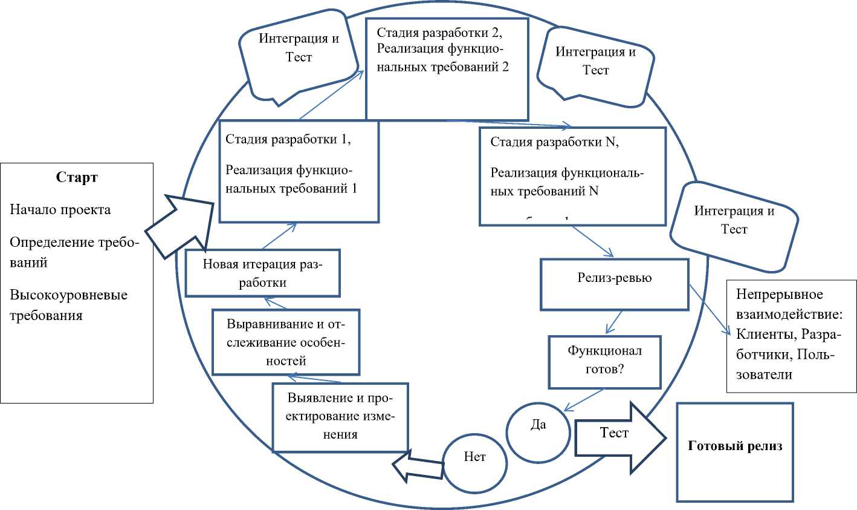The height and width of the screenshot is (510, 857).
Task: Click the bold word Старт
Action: [77, 177]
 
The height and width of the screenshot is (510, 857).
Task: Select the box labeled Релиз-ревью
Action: [614, 284]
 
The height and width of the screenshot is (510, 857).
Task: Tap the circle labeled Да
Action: [538, 430]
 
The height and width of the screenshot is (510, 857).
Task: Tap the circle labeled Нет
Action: [475, 462]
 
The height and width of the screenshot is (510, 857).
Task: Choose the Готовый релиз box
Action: [734, 452]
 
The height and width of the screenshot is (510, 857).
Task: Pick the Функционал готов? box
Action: [604, 362]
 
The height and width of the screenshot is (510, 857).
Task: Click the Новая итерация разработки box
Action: [262, 273]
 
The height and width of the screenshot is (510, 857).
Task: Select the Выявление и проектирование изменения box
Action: [340, 417]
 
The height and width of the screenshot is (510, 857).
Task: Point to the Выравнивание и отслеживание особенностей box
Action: [286, 342]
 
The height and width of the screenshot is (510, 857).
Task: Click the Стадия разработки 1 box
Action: [299, 171]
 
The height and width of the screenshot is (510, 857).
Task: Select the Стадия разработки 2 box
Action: [447, 69]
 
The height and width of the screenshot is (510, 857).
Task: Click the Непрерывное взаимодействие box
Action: [791, 336]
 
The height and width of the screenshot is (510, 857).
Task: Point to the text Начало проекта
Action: [60, 210]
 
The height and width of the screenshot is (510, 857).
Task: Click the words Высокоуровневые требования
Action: [68, 306]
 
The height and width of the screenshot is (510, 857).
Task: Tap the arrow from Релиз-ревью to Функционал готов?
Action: [614, 321]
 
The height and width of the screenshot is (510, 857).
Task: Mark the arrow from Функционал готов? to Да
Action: [583, 400]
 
